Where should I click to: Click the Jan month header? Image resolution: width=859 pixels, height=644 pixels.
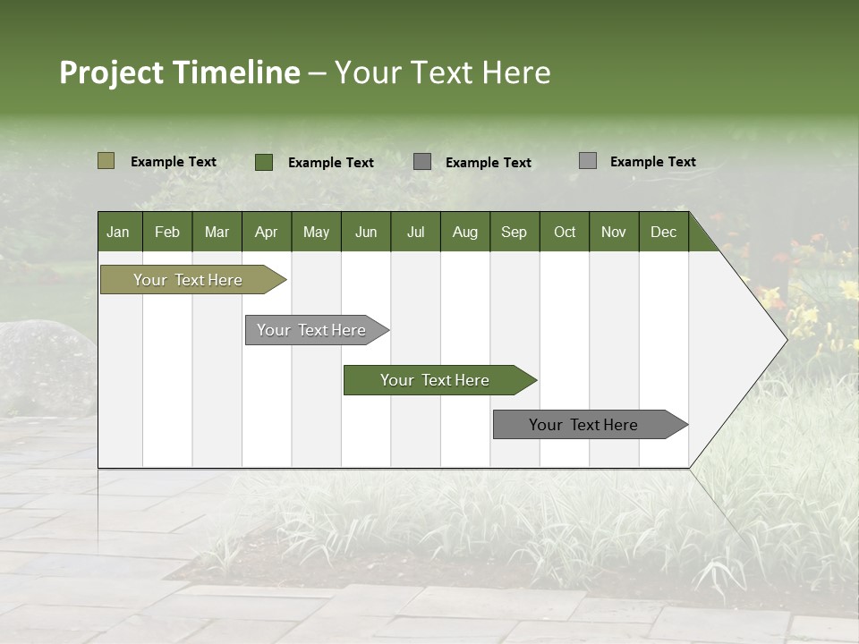[x=119, y=232]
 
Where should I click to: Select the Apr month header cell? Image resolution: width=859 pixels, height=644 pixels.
[x=267, y=232]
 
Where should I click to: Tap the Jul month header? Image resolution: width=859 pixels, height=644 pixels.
[x=415, y=232]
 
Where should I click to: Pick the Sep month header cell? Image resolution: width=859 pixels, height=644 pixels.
[x=514, y=232]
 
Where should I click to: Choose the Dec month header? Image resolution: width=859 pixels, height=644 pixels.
[x=663, y=232]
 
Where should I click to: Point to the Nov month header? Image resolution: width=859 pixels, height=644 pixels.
[x=614, y=232]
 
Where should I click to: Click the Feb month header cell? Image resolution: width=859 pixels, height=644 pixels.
[x=167, y=232]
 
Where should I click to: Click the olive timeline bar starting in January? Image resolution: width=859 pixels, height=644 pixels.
[x=188, y=280]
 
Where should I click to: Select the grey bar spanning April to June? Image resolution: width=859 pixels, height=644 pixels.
[x=311, y=330]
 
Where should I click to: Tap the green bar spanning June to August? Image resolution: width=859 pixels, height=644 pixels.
[x=435, y=380]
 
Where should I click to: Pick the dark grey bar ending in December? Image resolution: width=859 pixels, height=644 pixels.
[x=583, y=425]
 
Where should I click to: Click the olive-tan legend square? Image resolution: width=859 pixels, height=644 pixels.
[x=106, y=161]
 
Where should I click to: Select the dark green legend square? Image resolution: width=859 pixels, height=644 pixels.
[x=263, y=162]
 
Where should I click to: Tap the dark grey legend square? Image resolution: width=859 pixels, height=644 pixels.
[x=422, y=162]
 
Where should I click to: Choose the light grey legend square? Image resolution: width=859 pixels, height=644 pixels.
[x=587, y=161]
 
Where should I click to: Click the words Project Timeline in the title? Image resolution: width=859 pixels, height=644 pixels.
[x=179, y=72]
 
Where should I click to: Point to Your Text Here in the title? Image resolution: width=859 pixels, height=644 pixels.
[x=442, y=72]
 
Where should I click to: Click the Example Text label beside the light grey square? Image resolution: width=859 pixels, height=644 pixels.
[x=652, y=162]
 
